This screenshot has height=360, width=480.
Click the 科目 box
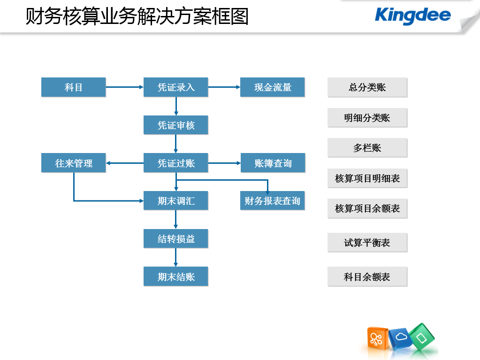74,87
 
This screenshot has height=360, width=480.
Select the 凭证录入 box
175,87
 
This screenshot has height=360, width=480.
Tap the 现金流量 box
273,87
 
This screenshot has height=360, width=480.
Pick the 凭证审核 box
175,125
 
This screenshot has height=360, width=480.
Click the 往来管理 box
74,163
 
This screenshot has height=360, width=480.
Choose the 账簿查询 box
273,163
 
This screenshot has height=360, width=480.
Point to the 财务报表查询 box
273,200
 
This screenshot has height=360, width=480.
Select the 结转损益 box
175,238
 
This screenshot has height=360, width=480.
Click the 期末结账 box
175,276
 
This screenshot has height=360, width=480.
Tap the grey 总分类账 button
367,87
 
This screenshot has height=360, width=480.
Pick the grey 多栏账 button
367,148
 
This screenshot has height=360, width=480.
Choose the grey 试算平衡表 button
367,243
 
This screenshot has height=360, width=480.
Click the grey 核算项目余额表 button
367,208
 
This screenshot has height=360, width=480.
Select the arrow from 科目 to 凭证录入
125,87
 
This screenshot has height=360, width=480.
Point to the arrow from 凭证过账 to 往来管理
125,163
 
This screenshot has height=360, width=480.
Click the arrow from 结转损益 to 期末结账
175,258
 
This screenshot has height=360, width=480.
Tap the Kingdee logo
412,15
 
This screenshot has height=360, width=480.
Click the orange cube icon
377,338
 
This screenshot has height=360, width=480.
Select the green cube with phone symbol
422,337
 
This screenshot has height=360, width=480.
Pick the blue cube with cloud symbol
401,338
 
